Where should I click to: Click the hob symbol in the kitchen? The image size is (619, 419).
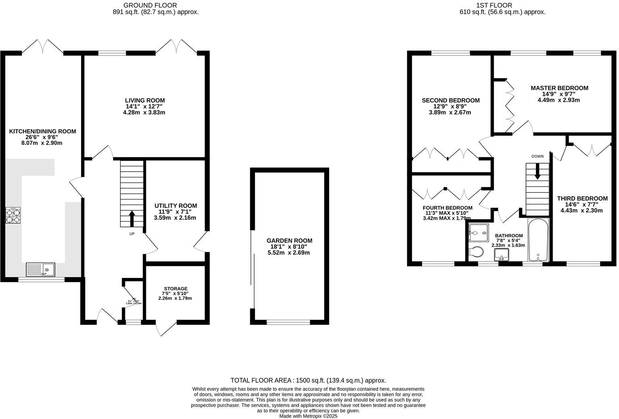[x=12, y=215]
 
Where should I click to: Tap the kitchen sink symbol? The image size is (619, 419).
[x=40, y=269]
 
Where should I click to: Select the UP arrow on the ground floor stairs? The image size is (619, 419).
[x=132, y=218]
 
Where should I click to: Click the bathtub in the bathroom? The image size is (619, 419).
[x=538, y=240]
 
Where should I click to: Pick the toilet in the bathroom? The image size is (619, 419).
[x=476, y=252]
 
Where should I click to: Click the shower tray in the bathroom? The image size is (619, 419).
[x=478, y=232]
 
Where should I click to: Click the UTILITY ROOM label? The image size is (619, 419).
[x=176, y=205]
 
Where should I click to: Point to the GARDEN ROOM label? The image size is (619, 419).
[x=289, y=241]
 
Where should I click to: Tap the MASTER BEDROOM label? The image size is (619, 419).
[x=559, y=88]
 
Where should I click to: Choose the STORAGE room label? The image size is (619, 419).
[x=175, y=288]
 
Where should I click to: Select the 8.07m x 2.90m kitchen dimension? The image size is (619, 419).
[x=42, y=143]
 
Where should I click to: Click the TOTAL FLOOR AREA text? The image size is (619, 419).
[x=308, y=380]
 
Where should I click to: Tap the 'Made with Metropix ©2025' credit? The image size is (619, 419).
[x=308, y=416]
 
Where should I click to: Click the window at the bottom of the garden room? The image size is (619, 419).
[x=288, y=322]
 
